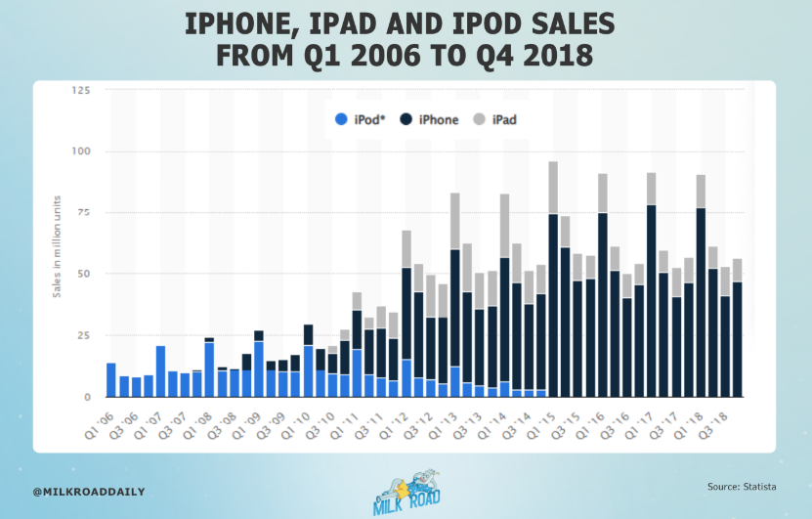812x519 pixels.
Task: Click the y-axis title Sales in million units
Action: [x=58, y=243]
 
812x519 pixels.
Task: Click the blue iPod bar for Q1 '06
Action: [x=111, y=380]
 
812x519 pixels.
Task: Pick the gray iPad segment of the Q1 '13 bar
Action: [x=455, y=221]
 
